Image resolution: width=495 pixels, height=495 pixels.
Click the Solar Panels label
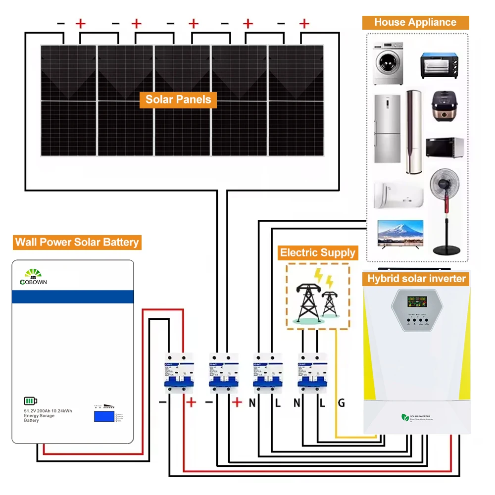pos(178,99)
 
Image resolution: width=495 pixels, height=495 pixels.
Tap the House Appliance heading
pos(415,22)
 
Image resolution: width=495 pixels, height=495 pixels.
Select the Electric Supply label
pos(317,253)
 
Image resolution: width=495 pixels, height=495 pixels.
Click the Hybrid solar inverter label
pos(416,279)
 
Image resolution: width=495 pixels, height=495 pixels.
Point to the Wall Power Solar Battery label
pos(77,242)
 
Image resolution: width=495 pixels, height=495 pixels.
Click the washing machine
pos(388,64)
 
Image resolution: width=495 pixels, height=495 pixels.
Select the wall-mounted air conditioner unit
pos(398,195)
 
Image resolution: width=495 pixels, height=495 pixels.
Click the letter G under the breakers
pos(341,403)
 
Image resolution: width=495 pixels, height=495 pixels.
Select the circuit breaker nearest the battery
pos(179,372)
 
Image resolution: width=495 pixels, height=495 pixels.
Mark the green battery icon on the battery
pos(31,401)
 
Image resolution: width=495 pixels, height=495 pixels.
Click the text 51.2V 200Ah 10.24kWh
pos(48,411)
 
